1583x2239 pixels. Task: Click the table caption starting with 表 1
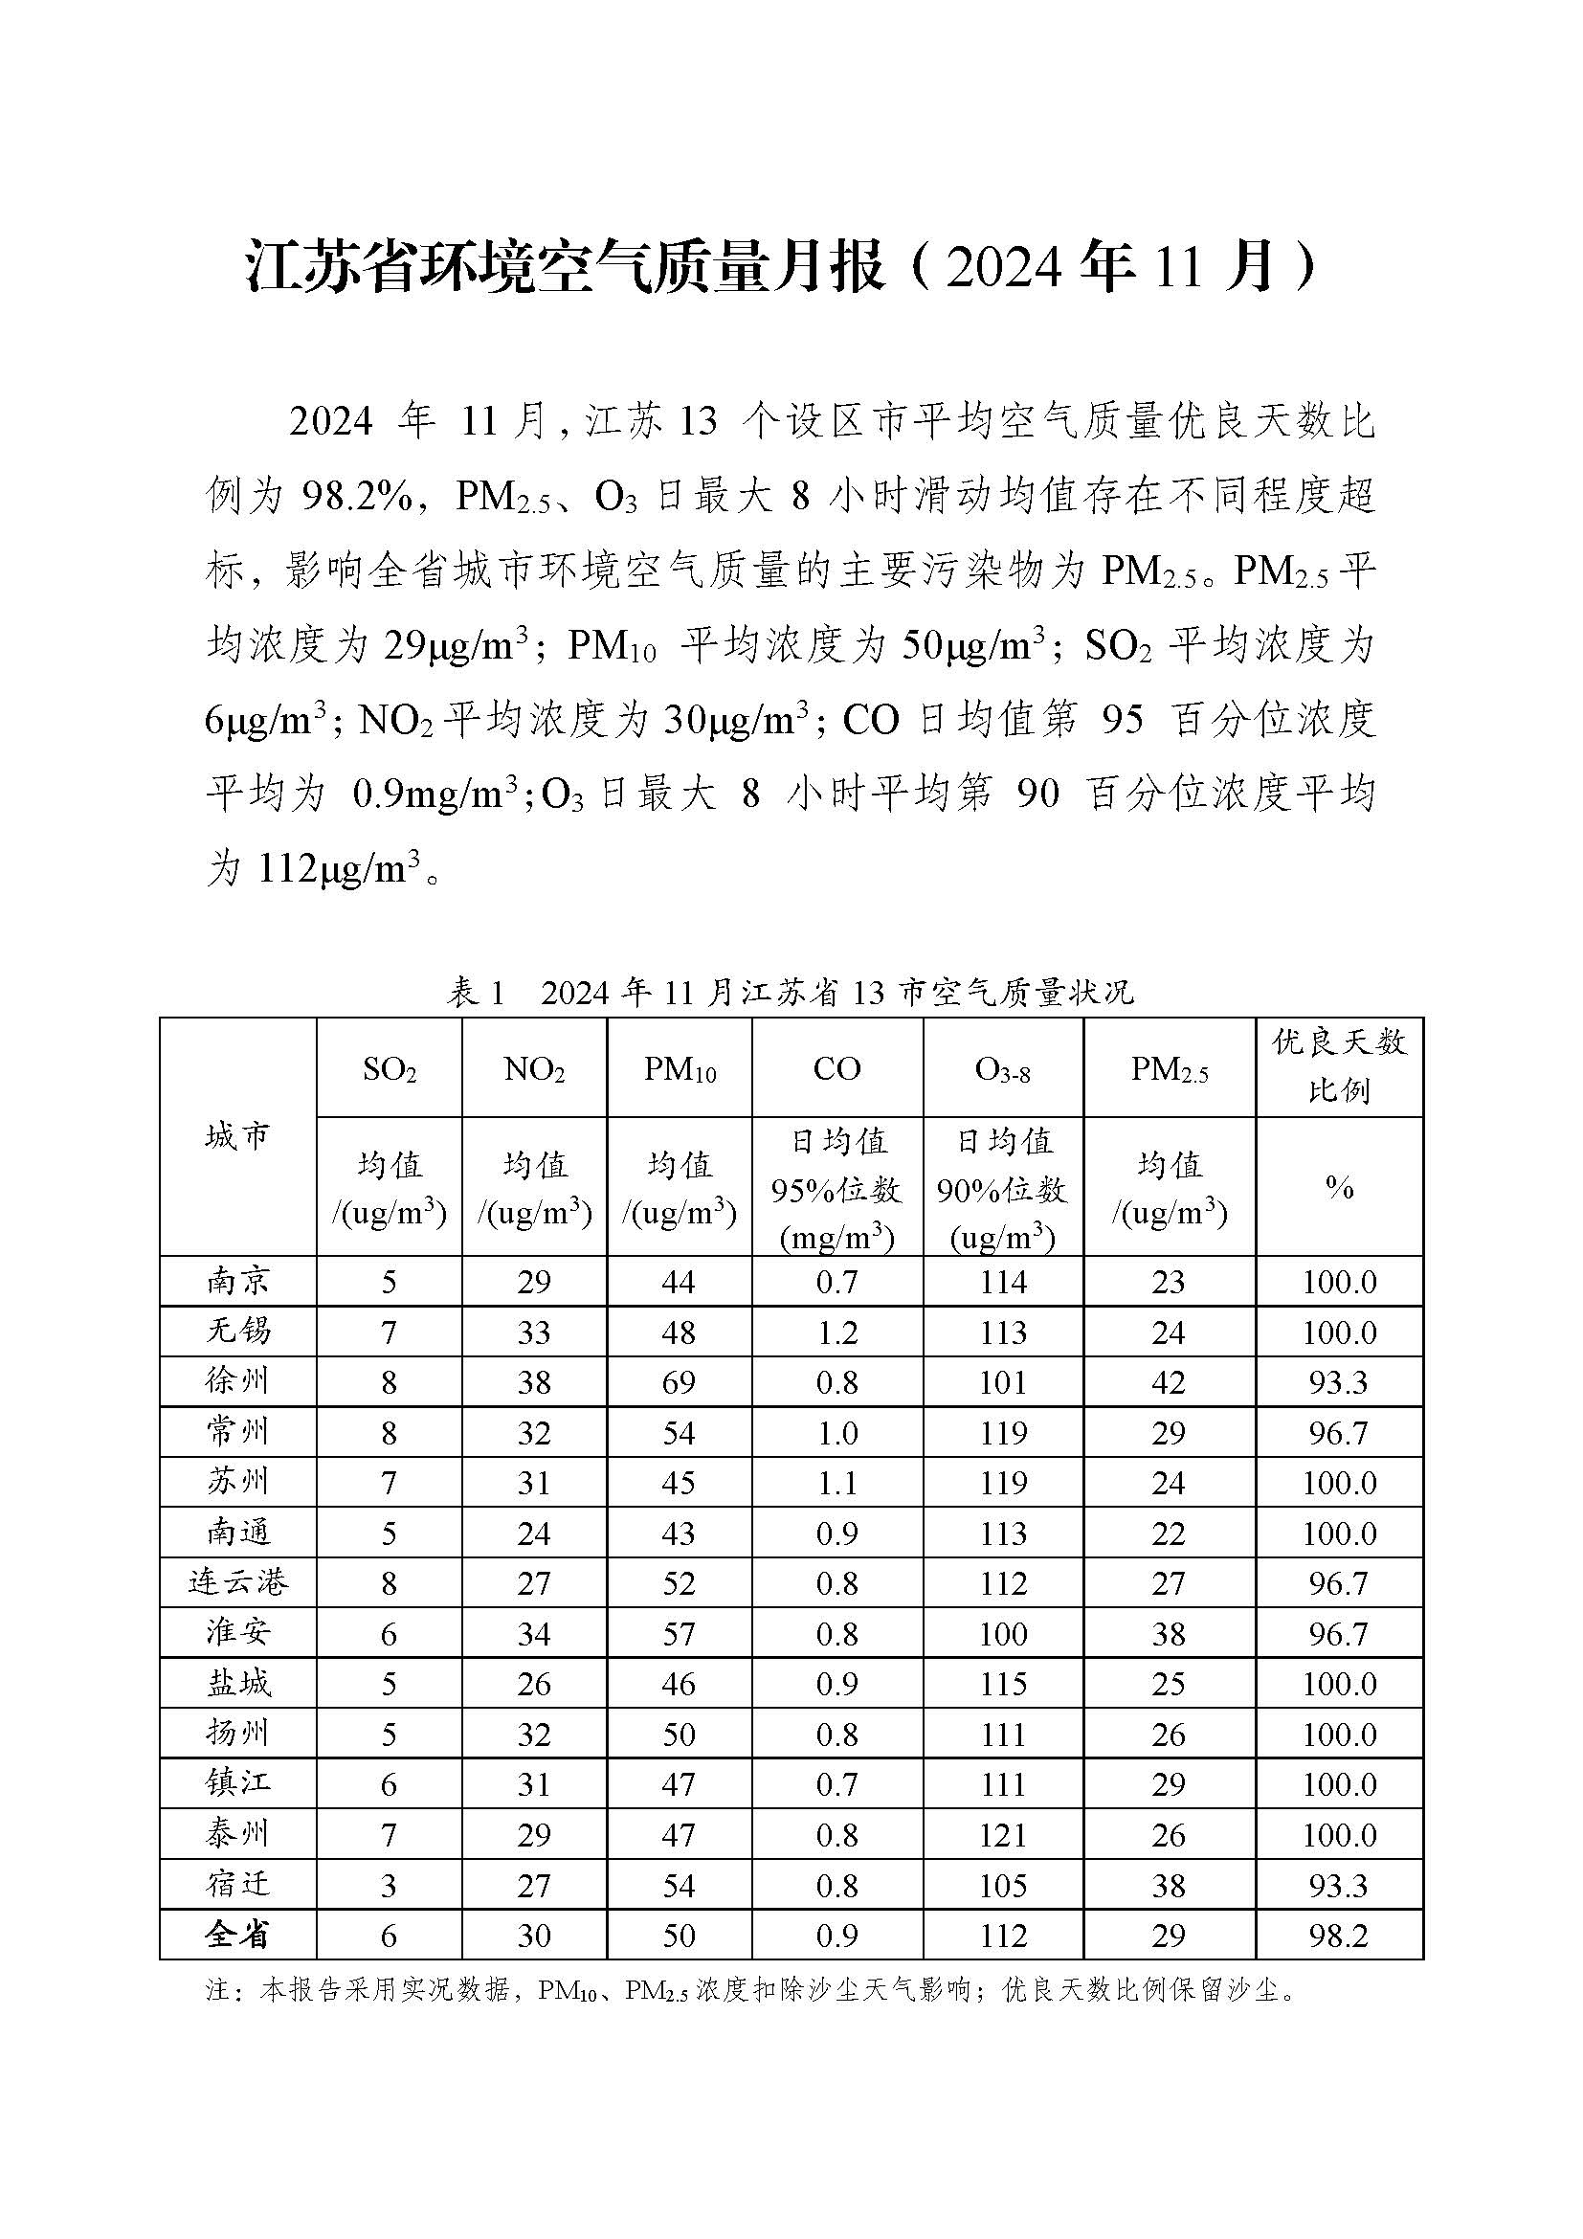[x=791, y=993]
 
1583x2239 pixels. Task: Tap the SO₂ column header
[x=389, y=1070]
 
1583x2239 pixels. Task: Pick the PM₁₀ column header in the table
[x=680, y=1070]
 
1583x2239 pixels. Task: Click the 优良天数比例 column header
[x=1338, y=1065]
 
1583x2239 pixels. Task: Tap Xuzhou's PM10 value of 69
[x=679, y=1382]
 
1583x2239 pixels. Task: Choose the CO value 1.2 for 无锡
[x=836, y=1332]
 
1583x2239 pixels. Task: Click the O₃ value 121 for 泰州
[x=1003, y=1834]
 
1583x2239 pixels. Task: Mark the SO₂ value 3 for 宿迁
[x=389, y=1885]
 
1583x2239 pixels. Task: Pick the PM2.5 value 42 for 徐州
[x=1168, y=1382]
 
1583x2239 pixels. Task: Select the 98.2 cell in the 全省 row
[x=1338, y=1936]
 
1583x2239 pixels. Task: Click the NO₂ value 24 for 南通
[x=534, y=1533]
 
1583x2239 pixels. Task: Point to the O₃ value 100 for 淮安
[x=1003, y=1633]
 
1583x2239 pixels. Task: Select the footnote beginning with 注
[x=750, y=1989]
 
